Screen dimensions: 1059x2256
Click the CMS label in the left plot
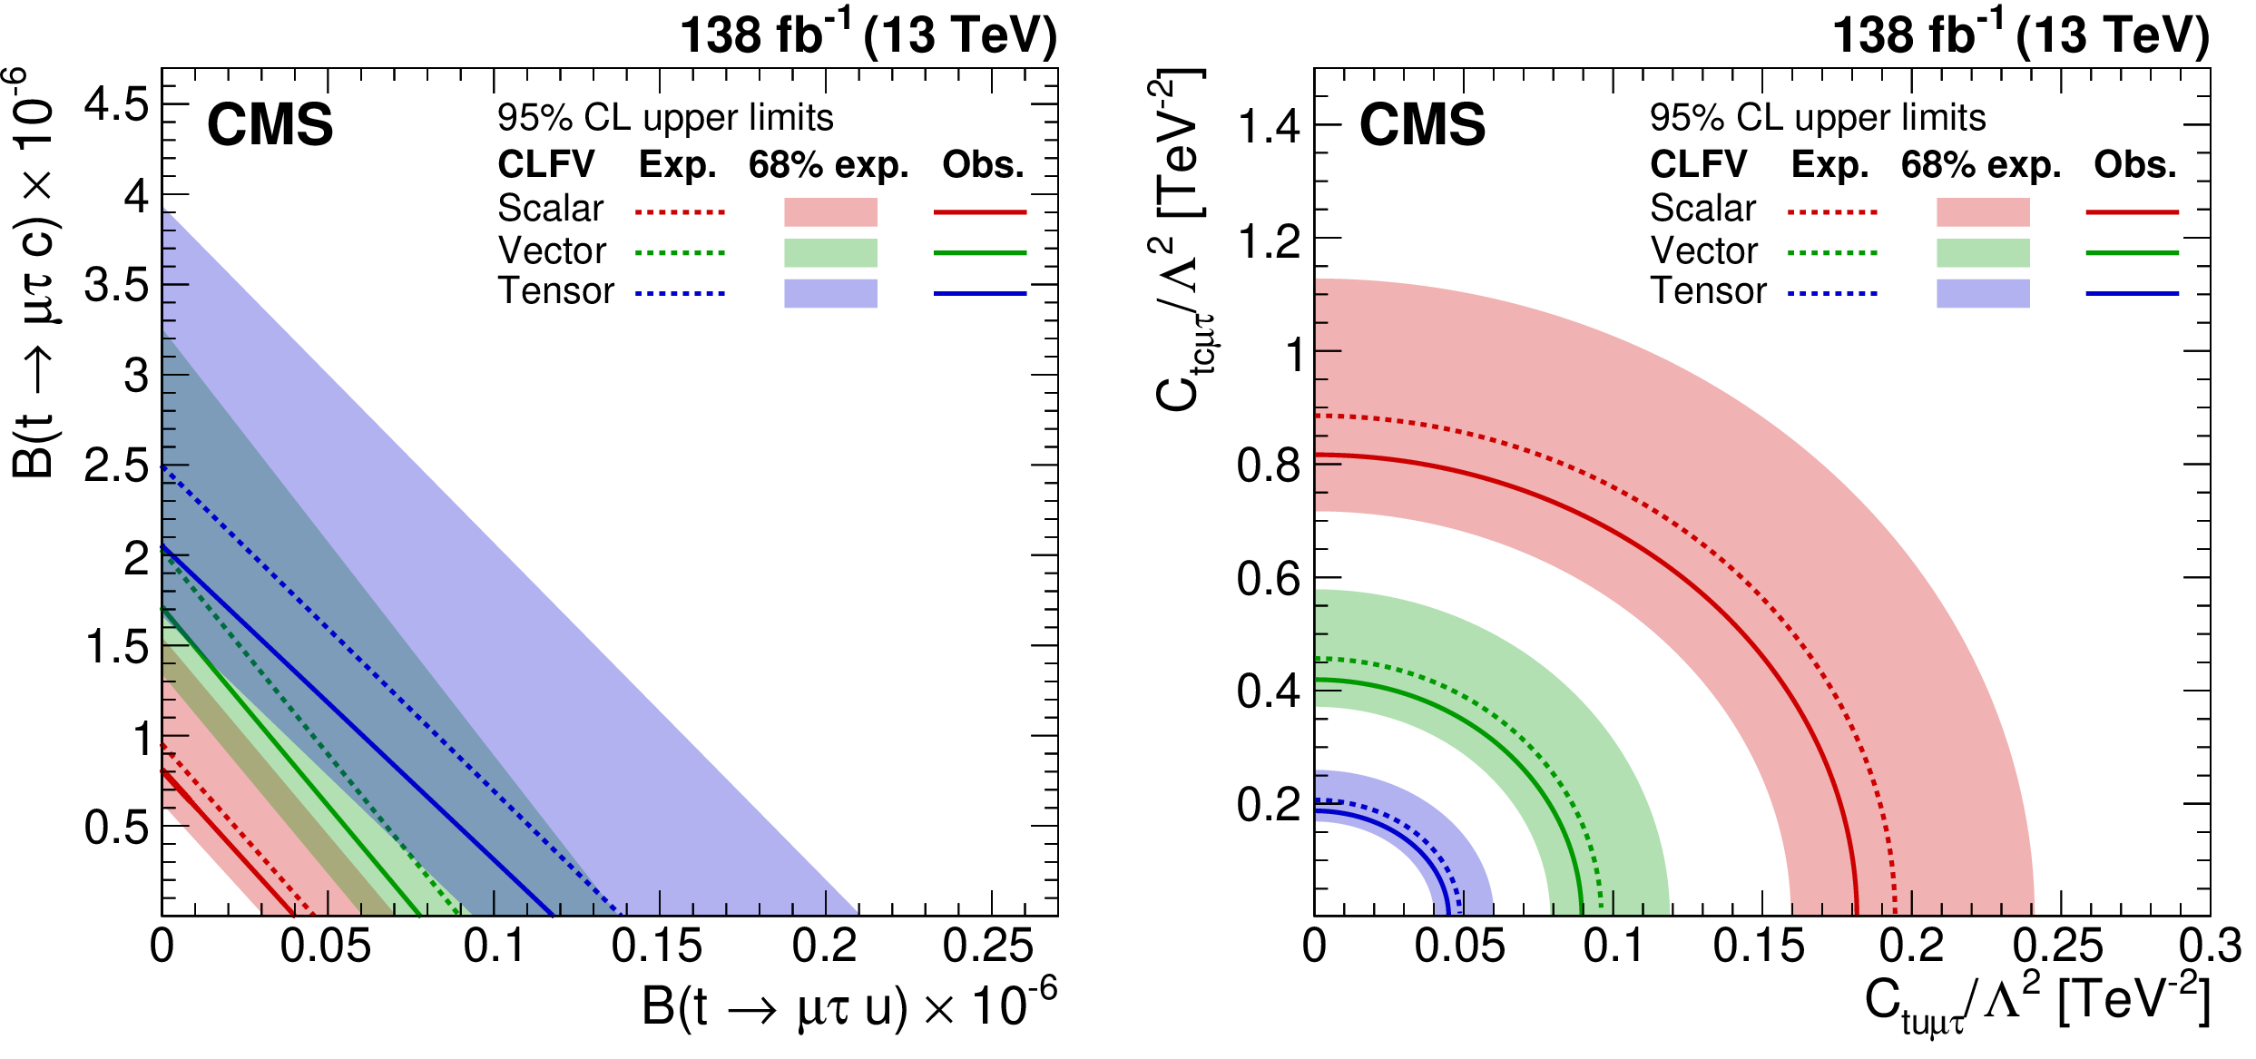pos(270,124)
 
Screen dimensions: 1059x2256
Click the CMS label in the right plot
pos(1422,124)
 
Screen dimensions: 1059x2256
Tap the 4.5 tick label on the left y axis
pos(116,104)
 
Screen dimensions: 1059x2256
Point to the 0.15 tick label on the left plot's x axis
pos(656,946)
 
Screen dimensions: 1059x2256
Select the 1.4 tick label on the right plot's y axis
pos(1269,126)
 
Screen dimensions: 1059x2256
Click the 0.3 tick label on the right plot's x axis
pos(2211,946)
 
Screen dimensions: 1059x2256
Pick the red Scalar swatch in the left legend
pos(830,211)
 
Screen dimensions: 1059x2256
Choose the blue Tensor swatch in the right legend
pos(1983,293)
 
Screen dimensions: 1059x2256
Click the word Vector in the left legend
pos(552,250)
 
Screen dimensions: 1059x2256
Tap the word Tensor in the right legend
pos(1708,291)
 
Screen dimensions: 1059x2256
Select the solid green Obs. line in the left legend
pos(979,252)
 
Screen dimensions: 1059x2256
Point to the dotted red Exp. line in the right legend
pos(1832,212)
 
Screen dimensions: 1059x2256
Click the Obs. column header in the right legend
pos(2134,165)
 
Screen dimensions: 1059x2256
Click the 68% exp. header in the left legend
pos(828,165)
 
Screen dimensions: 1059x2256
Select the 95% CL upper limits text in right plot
pos(1818,118)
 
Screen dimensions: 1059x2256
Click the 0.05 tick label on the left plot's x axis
pos(325,946)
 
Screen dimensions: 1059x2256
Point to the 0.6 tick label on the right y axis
pos(1269,579)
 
